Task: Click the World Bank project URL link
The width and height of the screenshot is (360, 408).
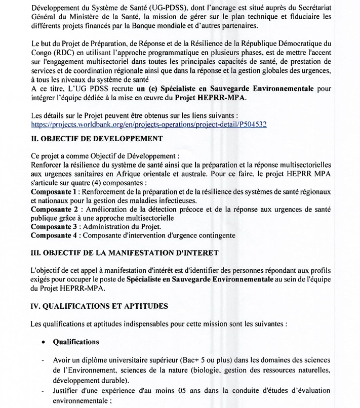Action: (149, 124)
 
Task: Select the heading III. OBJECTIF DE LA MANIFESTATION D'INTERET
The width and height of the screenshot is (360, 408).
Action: (125, 252)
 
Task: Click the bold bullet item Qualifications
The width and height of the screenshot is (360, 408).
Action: (76, 342)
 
